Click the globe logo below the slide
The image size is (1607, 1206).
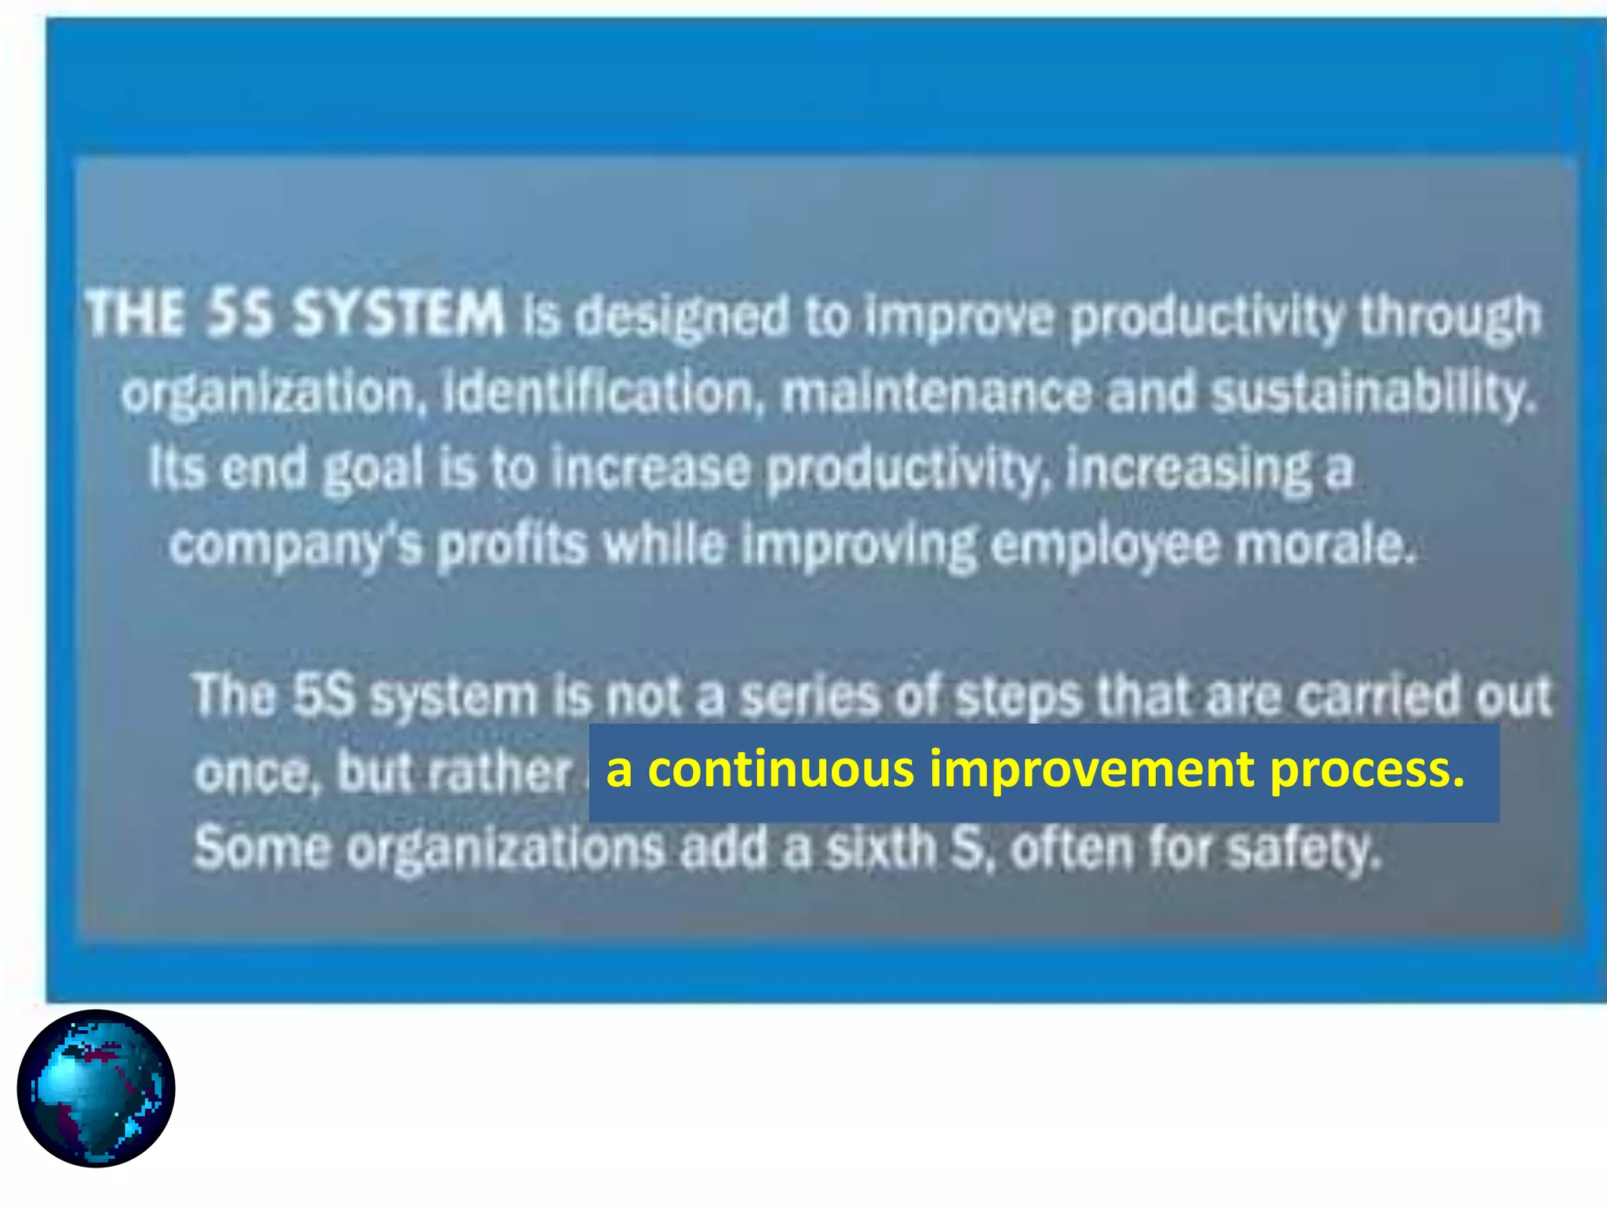[96, 1088]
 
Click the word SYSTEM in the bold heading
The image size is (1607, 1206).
[398, 314]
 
